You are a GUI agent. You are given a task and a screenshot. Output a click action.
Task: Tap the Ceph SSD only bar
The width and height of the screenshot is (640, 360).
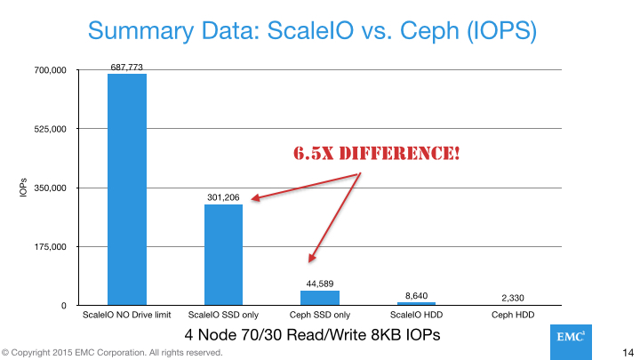319,298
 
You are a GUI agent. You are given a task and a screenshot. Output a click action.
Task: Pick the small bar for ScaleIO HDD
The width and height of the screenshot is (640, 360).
416,303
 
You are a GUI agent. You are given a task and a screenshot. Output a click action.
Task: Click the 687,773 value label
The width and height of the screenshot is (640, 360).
127,67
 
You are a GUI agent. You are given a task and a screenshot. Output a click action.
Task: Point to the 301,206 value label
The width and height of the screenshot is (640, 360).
223,197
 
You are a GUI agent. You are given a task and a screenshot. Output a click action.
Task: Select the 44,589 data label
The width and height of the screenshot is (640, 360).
319,284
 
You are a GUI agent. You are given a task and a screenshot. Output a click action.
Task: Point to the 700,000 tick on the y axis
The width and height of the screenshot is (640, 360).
50,70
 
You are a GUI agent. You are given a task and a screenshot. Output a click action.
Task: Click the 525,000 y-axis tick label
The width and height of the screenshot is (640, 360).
50,129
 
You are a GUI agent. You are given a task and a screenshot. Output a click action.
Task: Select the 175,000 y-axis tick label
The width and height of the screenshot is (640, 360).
50,247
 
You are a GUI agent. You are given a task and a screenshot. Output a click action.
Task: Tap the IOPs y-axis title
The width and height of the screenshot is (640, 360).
23,188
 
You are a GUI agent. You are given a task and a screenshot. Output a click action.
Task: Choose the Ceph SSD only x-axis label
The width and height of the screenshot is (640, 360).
319,315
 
